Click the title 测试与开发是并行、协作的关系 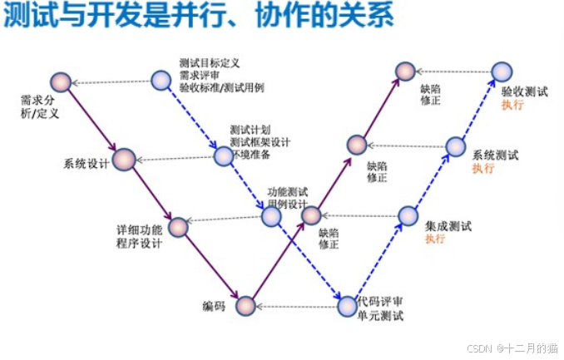coord(199,17)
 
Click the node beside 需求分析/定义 coord(60,81)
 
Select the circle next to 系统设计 coord(124,159)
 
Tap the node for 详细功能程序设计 coord(178,226)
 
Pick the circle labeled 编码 coord(245,307)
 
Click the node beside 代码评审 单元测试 coord(347,306)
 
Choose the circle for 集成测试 coord(408,216)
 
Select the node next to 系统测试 coord(455,147)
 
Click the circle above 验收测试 coord(501,73)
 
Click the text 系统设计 coord(87,162)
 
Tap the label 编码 coord(214,306)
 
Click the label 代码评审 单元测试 coord(380,308)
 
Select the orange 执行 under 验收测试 coord(512,106)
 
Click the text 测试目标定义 coord(210,63)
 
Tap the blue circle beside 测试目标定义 coord(161,81)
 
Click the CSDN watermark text coord(508,348)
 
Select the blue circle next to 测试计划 coord(223,155)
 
